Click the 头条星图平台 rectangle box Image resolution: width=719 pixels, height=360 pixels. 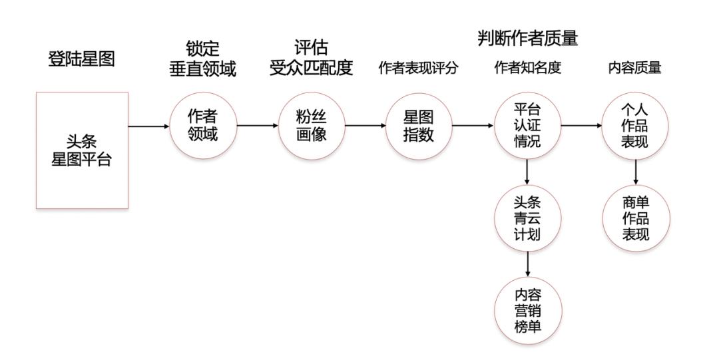[x=81, y=150]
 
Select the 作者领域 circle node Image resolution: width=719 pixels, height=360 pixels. [x=203, y=125]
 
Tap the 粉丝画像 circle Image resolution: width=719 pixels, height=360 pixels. [x=312, y=125]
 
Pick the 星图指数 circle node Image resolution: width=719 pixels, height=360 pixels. [x=419, y=125]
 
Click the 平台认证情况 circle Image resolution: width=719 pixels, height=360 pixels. [x=527, y=125]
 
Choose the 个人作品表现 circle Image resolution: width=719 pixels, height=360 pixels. [x=635, y=125]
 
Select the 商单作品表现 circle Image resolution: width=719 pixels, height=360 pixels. [x=635, y=218]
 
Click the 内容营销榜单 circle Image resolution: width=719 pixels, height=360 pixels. [x=527, y=310]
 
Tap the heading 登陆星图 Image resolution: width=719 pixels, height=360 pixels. [x=81, y=59]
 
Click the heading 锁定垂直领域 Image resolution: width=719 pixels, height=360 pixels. [x=203, y=59]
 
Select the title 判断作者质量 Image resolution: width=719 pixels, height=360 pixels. [x=527, y=39]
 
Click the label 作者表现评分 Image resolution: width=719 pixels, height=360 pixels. [x=419, y=69]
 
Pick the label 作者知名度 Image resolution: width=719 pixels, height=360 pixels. [x=527, y=69]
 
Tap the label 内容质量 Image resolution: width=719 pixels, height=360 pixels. [x=635, y=69]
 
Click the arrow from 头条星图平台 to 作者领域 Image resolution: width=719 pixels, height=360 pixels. [x=148, y=126]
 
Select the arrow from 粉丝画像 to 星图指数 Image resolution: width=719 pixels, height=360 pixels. [x=365, y=125]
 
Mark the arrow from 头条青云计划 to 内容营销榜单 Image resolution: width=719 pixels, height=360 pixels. [x=527, y=265]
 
